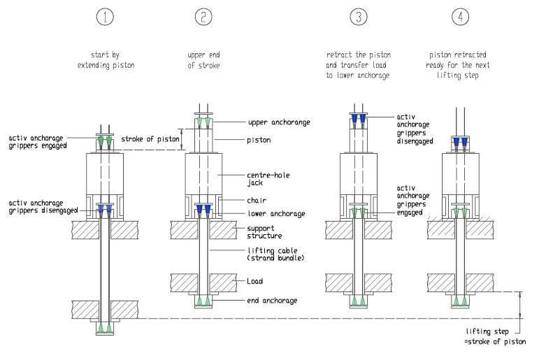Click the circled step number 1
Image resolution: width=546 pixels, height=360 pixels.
click(x=103, y=18)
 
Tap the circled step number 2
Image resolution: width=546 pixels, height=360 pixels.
click(x=202, y=18)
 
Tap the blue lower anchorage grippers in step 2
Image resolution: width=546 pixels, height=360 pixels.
click(x=203, y=210)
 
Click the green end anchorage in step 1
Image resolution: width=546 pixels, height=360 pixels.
click(x=103, y=327)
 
